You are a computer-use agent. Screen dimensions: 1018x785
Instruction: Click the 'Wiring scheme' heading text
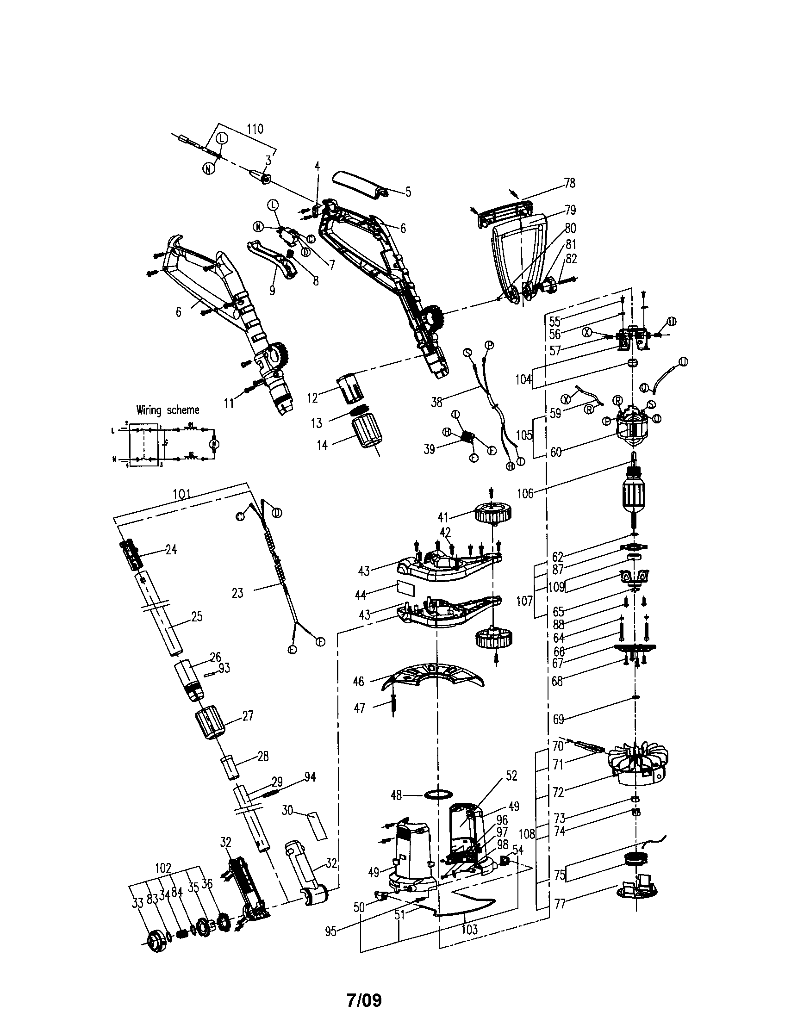[x=168, y=410]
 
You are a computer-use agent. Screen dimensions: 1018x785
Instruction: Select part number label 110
[x=255, y=129]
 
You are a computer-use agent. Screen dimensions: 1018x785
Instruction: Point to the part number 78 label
[x=570, y=183]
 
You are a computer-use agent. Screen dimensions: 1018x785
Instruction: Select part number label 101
[x=182, y=494]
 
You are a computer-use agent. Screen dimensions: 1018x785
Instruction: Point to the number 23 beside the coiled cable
[x=238, y=593]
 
